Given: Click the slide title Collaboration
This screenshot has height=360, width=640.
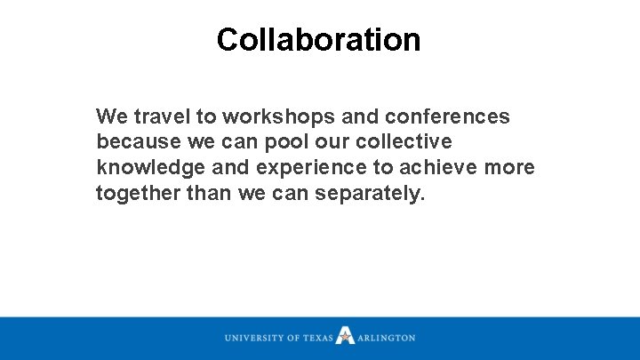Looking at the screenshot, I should [x=318, y=40].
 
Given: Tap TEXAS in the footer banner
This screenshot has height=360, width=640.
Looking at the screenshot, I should [x=316, y=339].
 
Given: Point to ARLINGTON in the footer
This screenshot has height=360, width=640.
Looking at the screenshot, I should [x=387, y=339].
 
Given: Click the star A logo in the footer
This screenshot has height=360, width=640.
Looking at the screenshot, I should [x=346, y=336].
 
